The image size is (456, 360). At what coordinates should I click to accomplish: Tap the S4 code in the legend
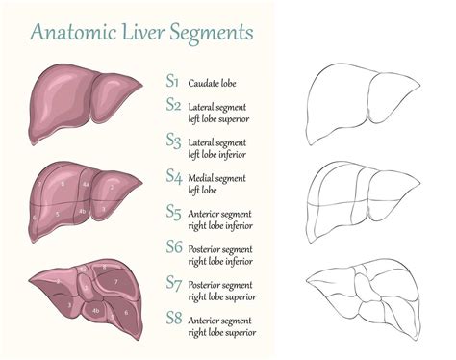point(173,176)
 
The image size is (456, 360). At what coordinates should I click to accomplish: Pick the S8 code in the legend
point(173,317)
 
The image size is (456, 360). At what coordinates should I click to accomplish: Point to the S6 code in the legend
point(173,246)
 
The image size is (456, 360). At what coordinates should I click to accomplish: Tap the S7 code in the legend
point(173,282)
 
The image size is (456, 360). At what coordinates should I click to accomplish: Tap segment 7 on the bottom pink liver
point(115,280)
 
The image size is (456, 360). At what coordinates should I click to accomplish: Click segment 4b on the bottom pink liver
point(95,311)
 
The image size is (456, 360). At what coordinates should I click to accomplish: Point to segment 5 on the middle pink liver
point(59,213)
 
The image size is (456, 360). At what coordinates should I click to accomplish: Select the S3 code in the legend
point(173,141)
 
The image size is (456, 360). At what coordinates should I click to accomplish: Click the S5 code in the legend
point(173,211)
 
